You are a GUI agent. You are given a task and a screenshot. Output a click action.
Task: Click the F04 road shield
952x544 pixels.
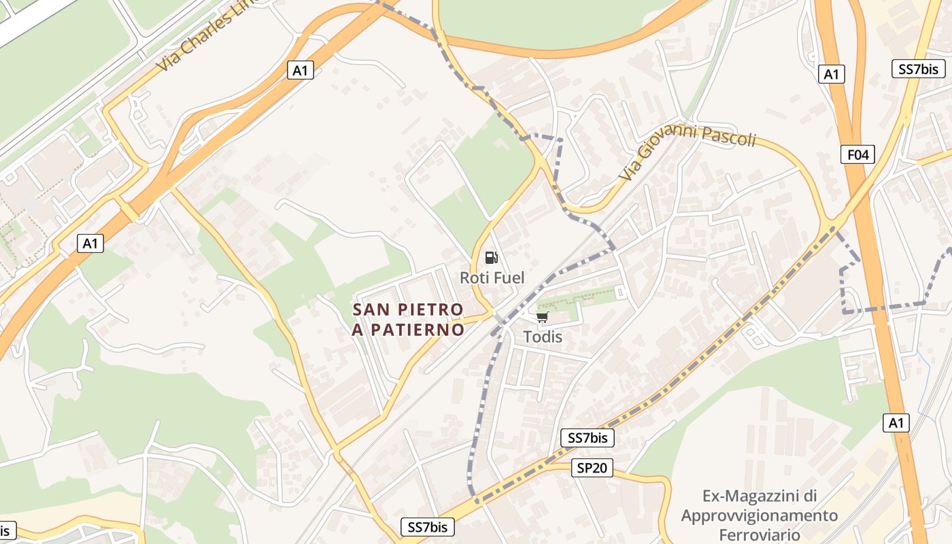click(x=857, y=154)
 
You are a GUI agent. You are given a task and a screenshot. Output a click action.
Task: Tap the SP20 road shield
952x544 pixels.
click(x=592, y=468)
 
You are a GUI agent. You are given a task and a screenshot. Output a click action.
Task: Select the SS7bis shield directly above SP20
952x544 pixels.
click(x=588, y=438)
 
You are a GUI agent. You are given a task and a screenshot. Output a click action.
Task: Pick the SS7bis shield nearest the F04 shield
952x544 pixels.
click(x=918, y=69)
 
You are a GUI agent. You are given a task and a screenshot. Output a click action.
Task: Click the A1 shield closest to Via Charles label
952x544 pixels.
click(x=301, y=70)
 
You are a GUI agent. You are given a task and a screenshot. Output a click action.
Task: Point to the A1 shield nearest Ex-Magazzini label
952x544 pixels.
click(x=896, y=423)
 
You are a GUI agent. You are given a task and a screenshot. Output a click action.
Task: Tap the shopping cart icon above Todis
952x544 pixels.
click(x=542, y=317)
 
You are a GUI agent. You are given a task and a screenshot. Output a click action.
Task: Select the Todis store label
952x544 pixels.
click(x=543, y=337)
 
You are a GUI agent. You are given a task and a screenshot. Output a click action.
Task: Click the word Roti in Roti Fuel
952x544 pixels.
click(x=475, y=277)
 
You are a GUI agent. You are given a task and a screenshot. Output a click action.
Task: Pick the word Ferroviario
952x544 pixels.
click(x=759, y=534)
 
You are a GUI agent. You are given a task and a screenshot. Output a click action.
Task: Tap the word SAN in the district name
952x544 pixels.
click(x=371, y=310)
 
